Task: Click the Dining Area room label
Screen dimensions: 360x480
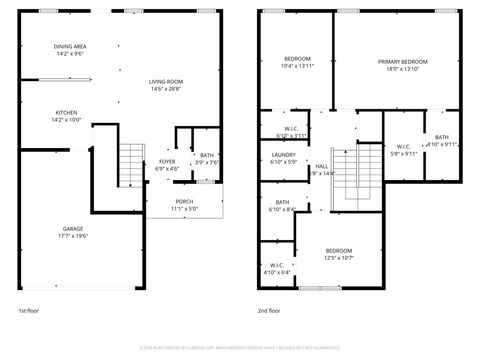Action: click(70, 46)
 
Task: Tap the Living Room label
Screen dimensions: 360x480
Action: click(166, 82)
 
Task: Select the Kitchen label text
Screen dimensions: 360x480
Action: click(67, 113)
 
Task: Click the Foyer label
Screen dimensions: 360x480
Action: click(167, 161)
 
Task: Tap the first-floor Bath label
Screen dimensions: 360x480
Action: click(206, 155)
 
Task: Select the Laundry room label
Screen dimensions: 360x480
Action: click(283, 155)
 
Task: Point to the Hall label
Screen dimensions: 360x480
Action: click(322, 167)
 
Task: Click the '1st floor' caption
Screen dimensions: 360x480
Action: click(29, 311)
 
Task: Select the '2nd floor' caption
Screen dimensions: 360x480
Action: click(270, 311)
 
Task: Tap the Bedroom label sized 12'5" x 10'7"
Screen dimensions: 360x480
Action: click(338, 250)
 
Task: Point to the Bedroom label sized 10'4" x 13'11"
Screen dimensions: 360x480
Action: click(297, 58)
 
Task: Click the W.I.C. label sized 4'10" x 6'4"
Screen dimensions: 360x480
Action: click(277, 264)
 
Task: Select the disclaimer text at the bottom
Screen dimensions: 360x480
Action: click(240, 348)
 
